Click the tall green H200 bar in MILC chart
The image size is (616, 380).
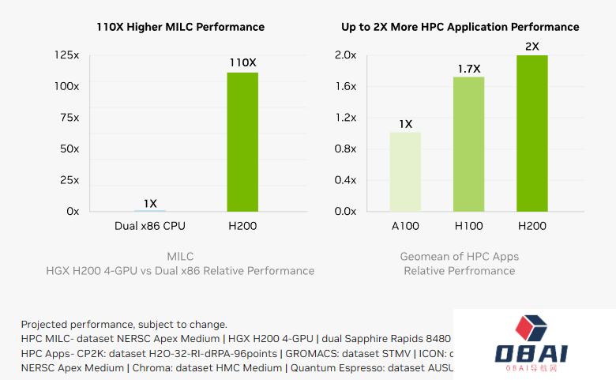pos(242,141)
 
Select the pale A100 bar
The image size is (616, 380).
pos(405,171)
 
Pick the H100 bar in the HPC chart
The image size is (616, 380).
pos(468,144)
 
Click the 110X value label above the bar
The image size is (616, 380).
pos(242,62)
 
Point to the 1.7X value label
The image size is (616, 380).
pos(468,69)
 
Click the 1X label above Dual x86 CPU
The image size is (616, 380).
pos(149,202)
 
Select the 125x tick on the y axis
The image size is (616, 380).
pos(67,55)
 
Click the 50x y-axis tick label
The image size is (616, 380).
pos(69,149)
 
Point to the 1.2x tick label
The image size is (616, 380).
pos(345,118)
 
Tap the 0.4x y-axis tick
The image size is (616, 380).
pos(345,180)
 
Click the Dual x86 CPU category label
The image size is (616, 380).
pos(150,226)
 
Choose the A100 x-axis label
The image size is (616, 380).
pos(405,226)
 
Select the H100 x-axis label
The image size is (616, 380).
pos(468,226)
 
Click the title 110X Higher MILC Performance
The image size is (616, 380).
pos(180,27)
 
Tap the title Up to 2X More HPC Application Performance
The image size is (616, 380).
pos(460,27)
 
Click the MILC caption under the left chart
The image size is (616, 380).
pos(180,256)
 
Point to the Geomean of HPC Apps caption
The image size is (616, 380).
pos(460,256)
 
